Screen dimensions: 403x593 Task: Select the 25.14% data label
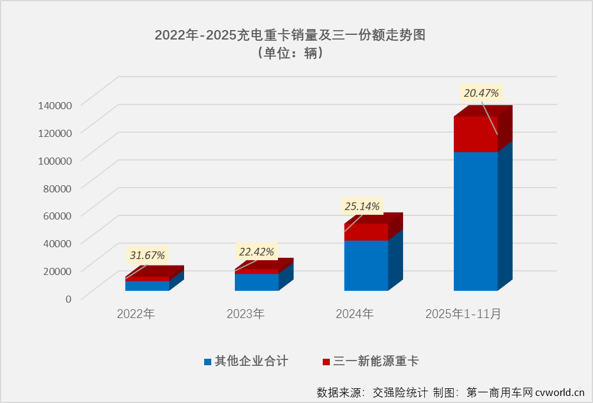coord(362,206)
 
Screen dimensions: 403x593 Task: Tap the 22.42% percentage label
coord(256,252)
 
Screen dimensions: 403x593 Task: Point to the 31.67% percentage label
coord(148,255)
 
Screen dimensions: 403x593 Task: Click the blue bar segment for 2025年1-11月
coord(475,221)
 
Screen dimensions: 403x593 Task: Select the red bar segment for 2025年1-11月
coord(475,134)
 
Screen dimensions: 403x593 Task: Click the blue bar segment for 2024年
coord(366,266)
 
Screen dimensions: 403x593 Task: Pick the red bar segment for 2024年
coord(366,232)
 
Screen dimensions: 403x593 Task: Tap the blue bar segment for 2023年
coord(257,282)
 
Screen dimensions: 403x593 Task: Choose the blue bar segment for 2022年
coord(147,286)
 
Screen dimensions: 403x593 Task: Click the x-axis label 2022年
coord(136,314)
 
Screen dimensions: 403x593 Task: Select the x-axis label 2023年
coord(245,314)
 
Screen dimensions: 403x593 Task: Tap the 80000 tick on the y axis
coord(57,188)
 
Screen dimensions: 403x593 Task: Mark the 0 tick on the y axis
coord(68,299)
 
